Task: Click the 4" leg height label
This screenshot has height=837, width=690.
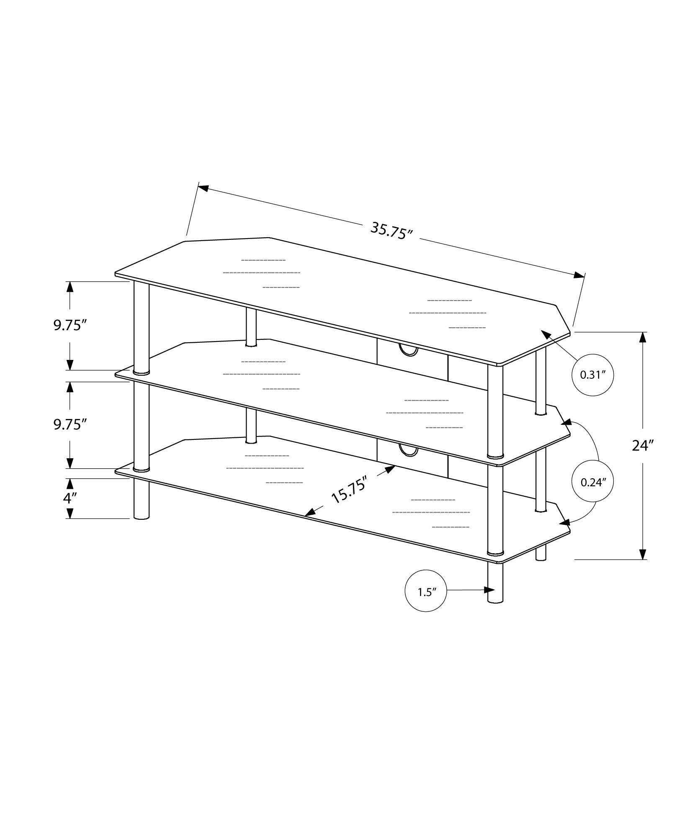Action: pos(70,498)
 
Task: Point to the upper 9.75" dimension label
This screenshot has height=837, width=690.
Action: pos(70,325)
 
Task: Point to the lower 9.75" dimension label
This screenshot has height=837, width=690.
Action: pos(70,424)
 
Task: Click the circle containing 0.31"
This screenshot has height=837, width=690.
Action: pos(592,375)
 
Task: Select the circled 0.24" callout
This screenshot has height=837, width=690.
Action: pos(592,482)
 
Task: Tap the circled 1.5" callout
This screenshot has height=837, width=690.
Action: pos(426,592)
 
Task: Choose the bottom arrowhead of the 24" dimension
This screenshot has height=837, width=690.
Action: pos(643,553)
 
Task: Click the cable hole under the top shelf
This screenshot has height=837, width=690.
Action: pos(408,350)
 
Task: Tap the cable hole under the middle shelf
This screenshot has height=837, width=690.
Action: pos(408,450)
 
